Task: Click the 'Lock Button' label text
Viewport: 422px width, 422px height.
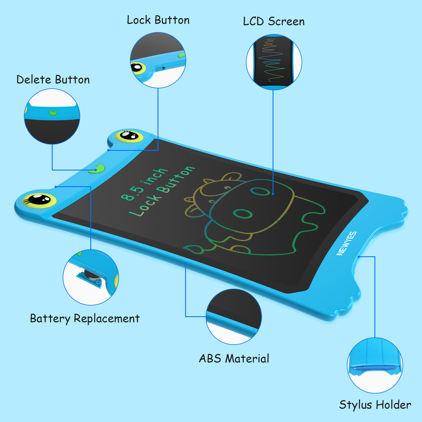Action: point(158,20)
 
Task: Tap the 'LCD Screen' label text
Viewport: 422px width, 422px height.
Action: point(274,21)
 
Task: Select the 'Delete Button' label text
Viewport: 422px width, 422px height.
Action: point(53,80)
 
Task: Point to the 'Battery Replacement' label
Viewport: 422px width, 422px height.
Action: point(85,319)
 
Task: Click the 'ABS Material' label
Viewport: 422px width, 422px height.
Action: point(234,358)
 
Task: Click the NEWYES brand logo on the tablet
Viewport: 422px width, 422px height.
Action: point(347,244)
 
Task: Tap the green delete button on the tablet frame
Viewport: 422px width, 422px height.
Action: point(97,169)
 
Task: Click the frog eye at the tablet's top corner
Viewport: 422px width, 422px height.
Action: point(129,136)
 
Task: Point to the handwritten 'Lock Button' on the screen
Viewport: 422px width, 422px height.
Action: point(161,191)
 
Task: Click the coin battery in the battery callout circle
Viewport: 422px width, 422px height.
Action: point(92,275)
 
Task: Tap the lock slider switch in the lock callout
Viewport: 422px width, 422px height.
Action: point(160,69)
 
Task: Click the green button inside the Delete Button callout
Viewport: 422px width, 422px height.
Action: point(53,113)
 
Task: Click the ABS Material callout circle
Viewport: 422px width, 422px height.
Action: point(234,316)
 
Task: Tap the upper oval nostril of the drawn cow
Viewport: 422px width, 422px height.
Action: point(260,192)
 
